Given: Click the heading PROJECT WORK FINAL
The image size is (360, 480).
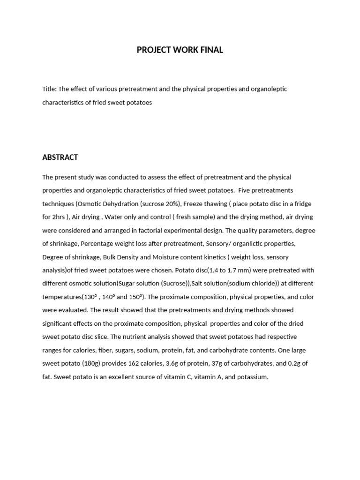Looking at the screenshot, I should pyautogui.click(x=180, y=50).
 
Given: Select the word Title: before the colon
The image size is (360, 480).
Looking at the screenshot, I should pyautogui.click(x=49, y=89).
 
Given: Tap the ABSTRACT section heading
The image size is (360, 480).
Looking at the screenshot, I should pyautogui.click(x=60, y=157).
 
